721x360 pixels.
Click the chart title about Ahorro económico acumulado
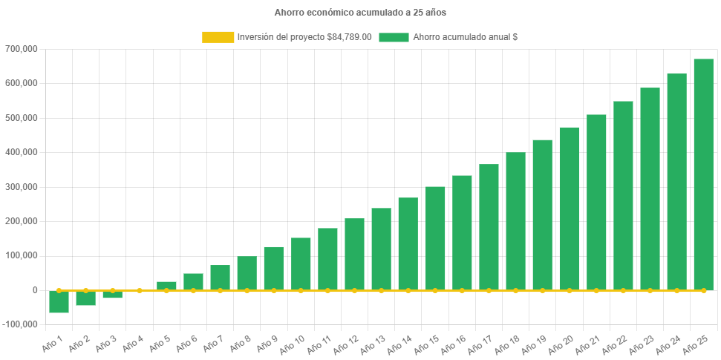pos(360,13)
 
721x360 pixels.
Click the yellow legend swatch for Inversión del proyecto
pos(217,37)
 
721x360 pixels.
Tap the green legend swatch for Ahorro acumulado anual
pos(394,37)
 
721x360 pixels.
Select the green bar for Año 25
pos(703,174)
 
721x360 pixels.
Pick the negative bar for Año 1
pos(59,302)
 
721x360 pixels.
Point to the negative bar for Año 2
pos(85,298)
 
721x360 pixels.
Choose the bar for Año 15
pos(435,238)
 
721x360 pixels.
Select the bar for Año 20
pos(570,209)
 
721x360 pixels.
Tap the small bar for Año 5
pos(166,286)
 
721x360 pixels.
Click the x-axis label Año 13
pos(371,343)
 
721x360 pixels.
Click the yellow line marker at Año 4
pos(140,290)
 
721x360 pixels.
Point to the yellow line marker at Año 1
pos(59,290)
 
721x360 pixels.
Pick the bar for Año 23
pos(650,189)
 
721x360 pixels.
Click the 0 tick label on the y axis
pos(35,290)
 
